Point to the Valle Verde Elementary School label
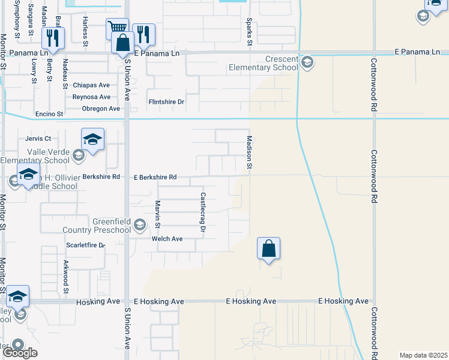coord(35,157)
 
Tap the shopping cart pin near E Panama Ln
coord(117,28)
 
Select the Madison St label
coord(249,152)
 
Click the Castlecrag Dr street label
coord(203,212)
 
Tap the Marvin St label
coord(158,214)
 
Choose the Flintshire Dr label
coord(166,102)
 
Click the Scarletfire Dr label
coord(85,245)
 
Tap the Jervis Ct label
coord(38,138)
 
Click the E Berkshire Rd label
coord(155,178)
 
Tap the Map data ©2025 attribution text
coord(423,355)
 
